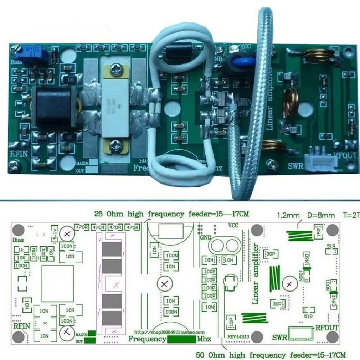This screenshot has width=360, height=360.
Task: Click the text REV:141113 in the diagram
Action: tap(238, 336)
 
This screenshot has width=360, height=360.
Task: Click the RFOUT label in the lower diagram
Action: tap(327, 328)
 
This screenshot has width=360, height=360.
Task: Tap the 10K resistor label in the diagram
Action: tap(21, 258)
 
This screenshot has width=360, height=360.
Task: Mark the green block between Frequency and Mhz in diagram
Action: tap(181, 339)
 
